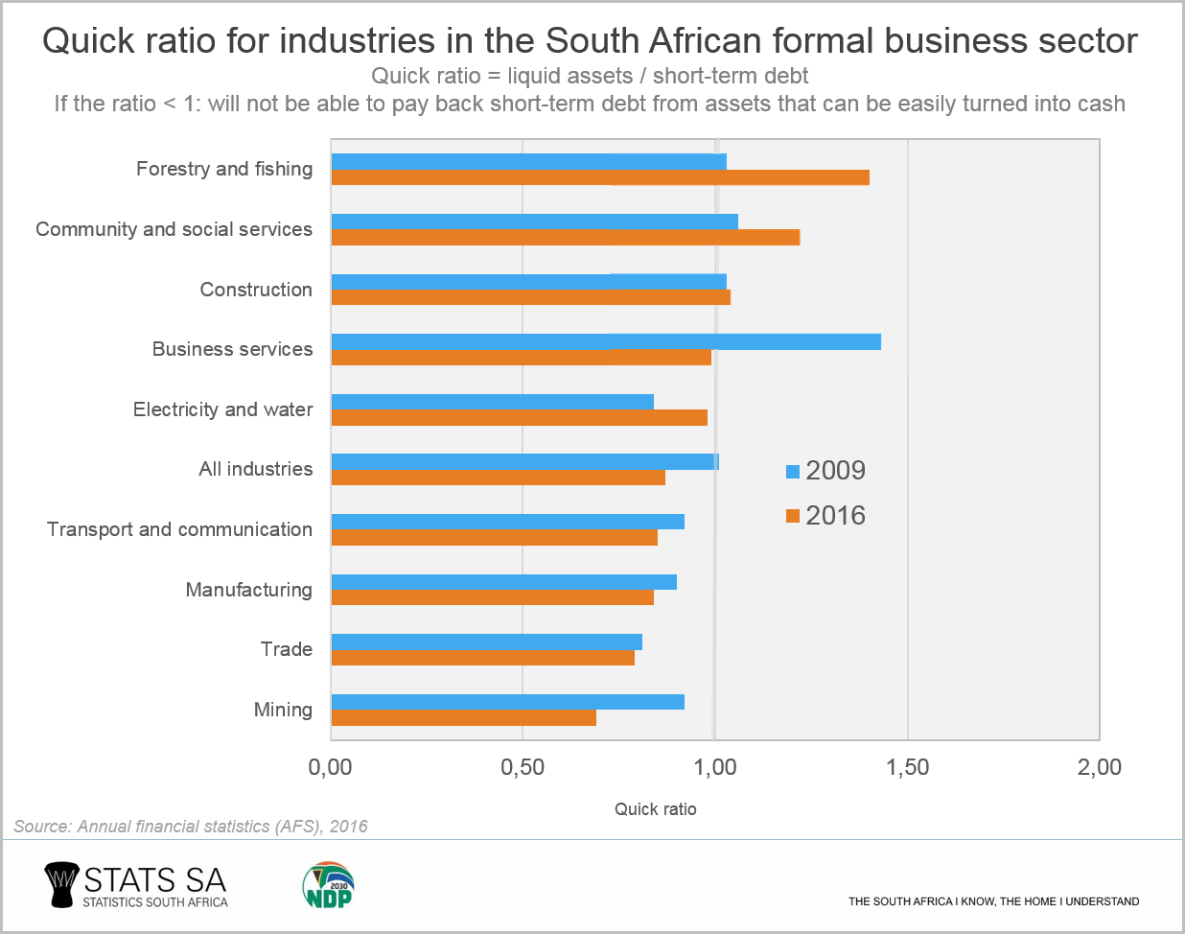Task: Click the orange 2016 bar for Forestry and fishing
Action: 600,177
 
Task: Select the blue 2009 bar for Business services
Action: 606,341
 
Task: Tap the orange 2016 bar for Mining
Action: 464,717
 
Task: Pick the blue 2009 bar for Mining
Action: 508,702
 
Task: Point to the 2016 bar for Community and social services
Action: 566,237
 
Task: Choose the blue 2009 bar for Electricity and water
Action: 493,402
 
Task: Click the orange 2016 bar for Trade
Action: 483,658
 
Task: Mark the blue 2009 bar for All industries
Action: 525,461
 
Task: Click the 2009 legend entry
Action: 825,471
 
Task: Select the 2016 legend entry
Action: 825,516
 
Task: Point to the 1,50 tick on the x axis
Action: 907,767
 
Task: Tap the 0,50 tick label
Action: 523,767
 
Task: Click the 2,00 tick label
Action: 1099,767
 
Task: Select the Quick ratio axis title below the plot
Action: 656,809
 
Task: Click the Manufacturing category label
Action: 248,590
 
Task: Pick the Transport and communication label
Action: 179,529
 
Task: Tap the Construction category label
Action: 256,290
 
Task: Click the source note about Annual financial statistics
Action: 191,827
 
